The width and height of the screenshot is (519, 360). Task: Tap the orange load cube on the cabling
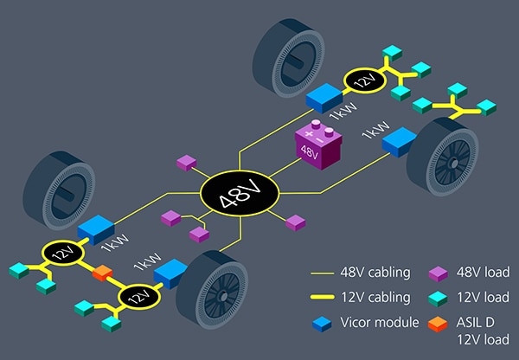point(102,276)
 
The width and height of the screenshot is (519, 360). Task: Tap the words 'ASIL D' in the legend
point(478,322)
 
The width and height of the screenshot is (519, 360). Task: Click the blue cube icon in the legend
point(323,323)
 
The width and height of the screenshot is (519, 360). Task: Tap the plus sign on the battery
point(306,131)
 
